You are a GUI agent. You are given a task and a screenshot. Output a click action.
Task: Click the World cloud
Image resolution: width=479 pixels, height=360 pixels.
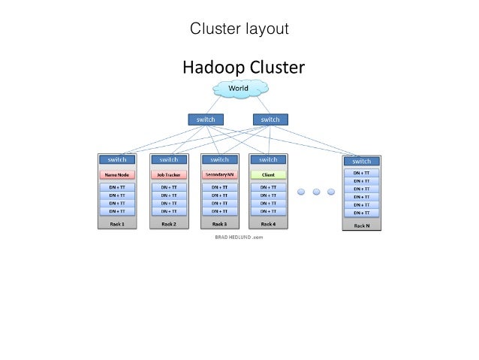pyautogui.click(x=238, y=89)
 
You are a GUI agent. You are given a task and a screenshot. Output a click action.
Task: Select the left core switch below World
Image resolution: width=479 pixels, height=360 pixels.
pyautogui.click(x=205, y=119)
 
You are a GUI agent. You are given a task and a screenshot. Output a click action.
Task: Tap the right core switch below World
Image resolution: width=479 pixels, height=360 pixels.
pyautogui.click(x=270, y=119)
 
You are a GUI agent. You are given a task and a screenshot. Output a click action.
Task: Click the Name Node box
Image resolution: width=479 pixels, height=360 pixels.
pyautogui.click(x=117, y=174)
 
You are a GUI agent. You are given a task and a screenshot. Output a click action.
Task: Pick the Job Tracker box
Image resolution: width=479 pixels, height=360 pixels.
pyautogui.click(x=169, y=174)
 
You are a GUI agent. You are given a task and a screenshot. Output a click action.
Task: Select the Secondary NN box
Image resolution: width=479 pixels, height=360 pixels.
pyautogui.click(x=219, y=174)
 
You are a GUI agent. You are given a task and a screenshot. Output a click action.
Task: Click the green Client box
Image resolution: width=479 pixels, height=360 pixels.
pyautogui.click(x=268, y=174)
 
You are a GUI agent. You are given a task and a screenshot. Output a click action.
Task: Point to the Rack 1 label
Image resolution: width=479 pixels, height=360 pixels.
pyautogui.click(x=117, y=224)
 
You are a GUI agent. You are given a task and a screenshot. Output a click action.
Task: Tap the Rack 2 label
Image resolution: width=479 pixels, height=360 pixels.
pyautogui.click(x=169, y=224)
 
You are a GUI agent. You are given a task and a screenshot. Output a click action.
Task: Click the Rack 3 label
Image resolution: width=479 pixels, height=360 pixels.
pyautogui.click(x=219, y=224)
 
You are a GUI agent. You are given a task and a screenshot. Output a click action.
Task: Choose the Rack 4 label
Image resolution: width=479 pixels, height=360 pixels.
pyautogui.click(x=268, y=224)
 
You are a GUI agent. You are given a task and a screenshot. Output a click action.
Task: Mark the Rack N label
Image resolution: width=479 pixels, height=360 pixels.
pyautogui.click(x=361, y=225)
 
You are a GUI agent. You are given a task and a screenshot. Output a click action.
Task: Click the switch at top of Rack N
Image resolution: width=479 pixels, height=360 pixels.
pyautogui.click(x=361, y=161)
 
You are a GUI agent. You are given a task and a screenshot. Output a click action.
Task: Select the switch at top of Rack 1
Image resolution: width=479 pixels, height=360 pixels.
pyautogui.click(x=117, y=159)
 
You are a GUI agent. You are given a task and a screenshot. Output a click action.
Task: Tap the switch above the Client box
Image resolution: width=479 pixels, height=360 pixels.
pyautogui.click(x=268, y=159)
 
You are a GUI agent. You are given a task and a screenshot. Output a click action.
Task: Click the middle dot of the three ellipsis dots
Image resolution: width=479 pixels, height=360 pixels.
pyautogui.click(x=317, y=192)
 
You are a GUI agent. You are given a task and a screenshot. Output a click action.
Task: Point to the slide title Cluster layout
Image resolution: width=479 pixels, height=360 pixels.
pyautogui.click(x=239, y=29)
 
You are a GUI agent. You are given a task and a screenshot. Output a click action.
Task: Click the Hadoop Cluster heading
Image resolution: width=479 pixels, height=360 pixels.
pyautogui.click(x=244, y=68)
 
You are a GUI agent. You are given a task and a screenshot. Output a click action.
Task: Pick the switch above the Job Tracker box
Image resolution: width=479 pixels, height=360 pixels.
pyautogui.click(x=169, y=159)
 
